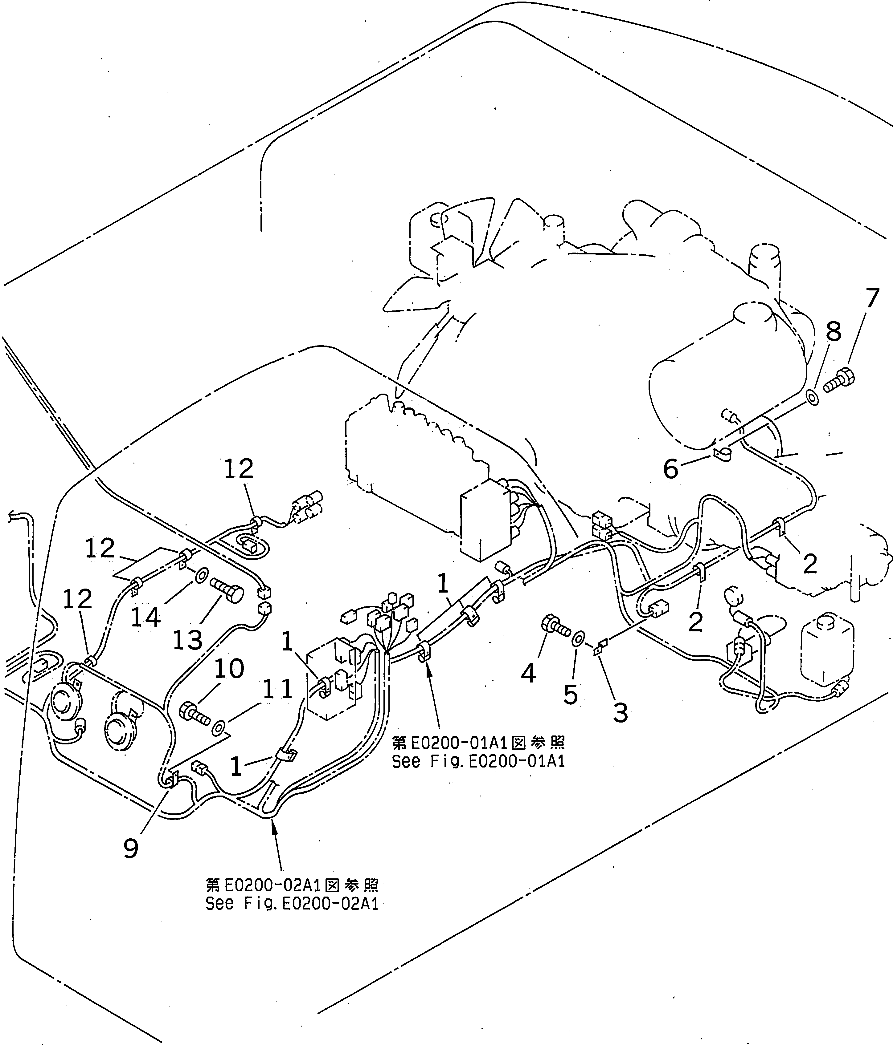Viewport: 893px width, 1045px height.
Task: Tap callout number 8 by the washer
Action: click(x=834, y=332)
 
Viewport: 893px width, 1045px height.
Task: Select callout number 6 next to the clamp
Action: click(x=670, y=470)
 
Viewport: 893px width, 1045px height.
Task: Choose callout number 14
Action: click(x=145, y=617)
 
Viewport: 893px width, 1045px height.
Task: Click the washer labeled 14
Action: click(x=201, y=574)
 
